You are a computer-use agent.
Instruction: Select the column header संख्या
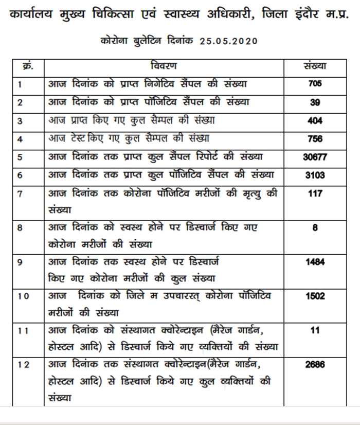pyautogui.click(x=316, y=66)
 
